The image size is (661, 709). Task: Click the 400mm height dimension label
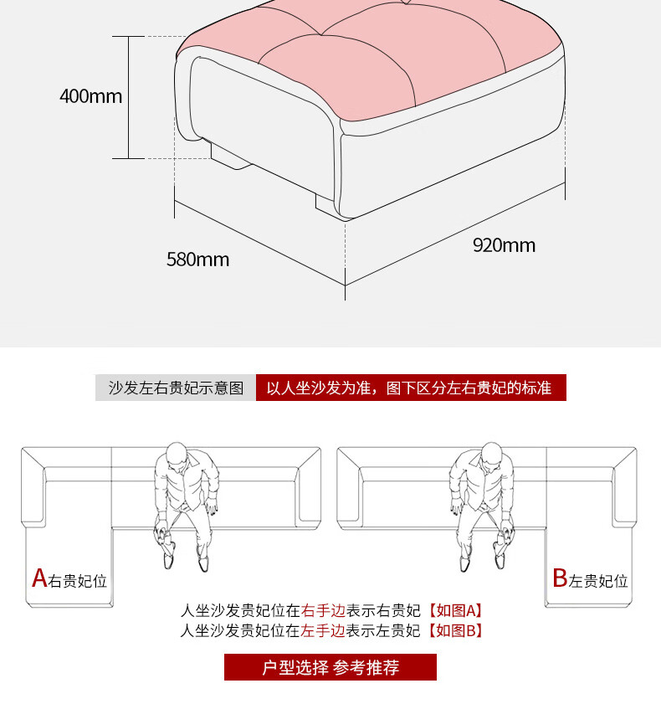[90, 96]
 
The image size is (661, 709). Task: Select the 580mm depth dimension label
[197, 259]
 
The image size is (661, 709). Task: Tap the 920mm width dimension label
[504, 245]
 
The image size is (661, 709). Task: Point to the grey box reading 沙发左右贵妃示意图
[176, 388]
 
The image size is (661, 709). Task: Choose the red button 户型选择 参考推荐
[330, 667]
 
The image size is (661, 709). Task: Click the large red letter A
[38, 578]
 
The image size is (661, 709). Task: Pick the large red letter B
[560, 578]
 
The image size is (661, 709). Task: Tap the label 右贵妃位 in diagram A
[78, 581]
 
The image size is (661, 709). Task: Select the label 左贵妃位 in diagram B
[598, 581]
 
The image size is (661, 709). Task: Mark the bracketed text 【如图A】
[455, 611]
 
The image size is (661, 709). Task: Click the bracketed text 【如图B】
[455, 631]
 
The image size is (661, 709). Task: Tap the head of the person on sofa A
[176, 456]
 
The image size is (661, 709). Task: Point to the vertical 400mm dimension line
[128, 96]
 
